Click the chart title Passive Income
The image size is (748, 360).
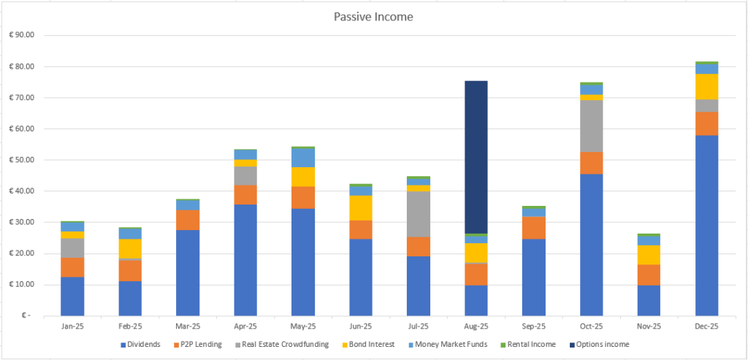tap(373, 16)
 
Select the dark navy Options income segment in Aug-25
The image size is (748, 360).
tap(476, 157)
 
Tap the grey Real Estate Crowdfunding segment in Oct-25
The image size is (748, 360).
tap(591, 126)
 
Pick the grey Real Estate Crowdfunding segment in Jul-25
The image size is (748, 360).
tap(419, 214)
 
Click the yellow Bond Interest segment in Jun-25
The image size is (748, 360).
tap(361, 208)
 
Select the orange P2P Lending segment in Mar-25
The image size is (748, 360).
tap(188, 220)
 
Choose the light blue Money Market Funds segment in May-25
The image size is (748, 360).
tap(303, 158)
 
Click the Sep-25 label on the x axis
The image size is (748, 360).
tap(533, 326)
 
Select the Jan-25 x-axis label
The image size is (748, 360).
tap(72, 326)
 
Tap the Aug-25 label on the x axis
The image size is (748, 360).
tap(476, 326)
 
